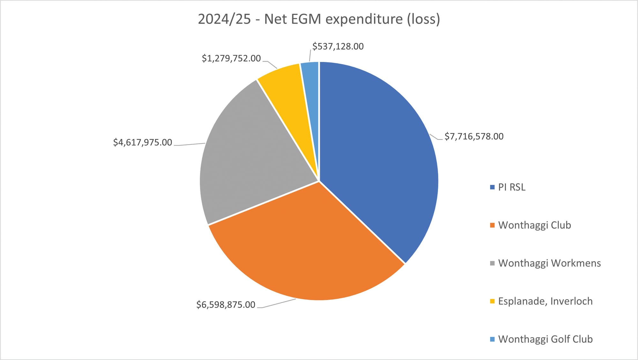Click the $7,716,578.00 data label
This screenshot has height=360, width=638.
(474, 136)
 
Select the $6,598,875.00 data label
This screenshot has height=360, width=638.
(226, 305)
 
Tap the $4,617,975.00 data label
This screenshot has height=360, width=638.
(143, 142)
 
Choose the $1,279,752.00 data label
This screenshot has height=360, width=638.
(231, 58)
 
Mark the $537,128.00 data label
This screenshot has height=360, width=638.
(338, 47)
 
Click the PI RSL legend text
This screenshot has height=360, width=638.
(512, 187)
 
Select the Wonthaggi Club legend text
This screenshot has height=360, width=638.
(534, 225)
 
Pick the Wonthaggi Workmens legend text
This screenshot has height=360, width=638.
(549, 263)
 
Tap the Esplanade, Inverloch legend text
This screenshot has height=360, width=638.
(545, 301)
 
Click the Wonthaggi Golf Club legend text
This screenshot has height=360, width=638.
(545, 339)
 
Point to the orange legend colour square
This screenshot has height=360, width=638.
(492, 225)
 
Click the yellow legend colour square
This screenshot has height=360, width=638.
(492, 301)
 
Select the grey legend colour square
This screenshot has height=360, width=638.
(492, 263)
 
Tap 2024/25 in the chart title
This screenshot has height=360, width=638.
(224, 19)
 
